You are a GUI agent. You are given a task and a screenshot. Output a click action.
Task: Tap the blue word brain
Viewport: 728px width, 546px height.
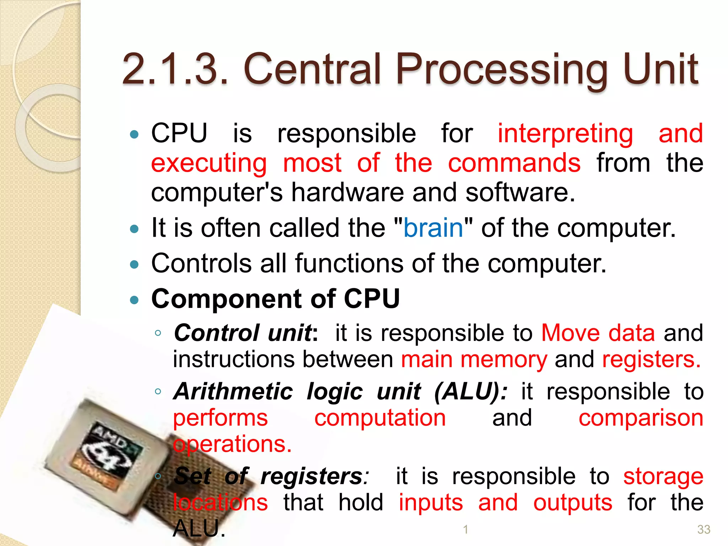(433, 228)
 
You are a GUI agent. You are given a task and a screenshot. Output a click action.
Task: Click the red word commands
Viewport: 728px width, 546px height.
(514, 163)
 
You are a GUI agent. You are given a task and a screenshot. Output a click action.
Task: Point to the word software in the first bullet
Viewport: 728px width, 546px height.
(520, 192)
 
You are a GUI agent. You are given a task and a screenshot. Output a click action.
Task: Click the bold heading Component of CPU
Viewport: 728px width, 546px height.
(275, 299)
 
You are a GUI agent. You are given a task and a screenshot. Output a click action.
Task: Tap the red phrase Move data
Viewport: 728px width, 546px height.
(598, 333)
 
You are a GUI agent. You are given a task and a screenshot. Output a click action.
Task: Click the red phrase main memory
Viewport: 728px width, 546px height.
(474, 359)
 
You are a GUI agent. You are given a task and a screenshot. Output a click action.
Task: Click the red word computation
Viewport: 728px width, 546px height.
(380, 418)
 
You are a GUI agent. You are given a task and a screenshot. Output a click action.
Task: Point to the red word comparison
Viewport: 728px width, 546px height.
(641, 418)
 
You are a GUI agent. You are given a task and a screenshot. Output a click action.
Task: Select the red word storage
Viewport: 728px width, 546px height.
(663, 476)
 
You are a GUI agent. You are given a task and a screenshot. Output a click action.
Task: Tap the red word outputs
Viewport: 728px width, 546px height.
(573, 503)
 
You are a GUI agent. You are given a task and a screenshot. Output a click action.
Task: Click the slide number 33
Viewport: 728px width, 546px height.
(703, 529)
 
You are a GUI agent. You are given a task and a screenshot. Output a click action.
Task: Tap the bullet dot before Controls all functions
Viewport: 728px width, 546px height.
(134, 264)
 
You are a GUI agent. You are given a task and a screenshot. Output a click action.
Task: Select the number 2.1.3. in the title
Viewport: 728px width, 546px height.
(174, 70)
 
